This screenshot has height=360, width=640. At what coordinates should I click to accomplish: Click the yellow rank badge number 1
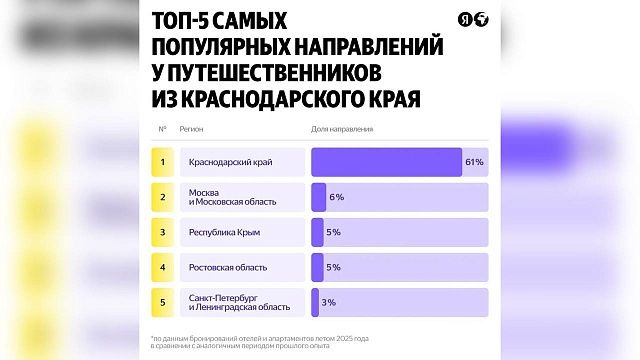[163, 162]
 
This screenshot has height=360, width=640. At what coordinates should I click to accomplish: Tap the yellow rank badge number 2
[163, 197]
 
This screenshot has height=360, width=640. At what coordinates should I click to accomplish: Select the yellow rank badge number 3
[163, 232]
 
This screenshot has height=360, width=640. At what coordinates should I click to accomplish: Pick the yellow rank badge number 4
[163, 267]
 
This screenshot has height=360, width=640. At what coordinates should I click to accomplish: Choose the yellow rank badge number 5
[163, 302]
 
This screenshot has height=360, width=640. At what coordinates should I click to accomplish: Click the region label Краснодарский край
[230, 162]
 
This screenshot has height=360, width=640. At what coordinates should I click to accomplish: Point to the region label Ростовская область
[228, 267]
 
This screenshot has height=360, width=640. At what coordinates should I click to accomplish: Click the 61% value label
[474, 162]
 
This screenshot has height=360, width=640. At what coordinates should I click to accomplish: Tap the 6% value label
[336, 197]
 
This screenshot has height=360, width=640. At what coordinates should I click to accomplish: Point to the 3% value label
[328, 302]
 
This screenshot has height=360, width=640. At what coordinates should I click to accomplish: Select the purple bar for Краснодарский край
[387, 162]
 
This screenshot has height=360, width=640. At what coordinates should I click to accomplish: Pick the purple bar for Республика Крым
[318, 232]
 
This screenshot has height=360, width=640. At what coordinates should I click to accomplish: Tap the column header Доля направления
[343, 129]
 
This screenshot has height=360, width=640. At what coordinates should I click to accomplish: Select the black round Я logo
[465, 21]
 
